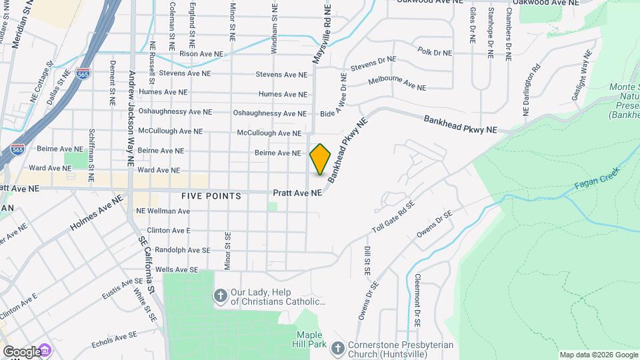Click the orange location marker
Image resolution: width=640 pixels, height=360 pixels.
321,159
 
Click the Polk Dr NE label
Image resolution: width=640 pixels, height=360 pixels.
435,52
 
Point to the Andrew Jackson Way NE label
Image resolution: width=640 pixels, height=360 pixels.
131,118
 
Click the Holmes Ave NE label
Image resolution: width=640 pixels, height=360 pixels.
97,214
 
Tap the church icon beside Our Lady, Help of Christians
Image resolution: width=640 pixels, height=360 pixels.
221,295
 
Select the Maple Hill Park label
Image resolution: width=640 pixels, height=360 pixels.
311,339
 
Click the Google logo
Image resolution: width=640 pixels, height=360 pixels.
22,351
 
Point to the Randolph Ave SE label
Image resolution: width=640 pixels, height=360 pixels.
182,250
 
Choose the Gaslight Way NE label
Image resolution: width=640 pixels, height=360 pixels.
581,75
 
